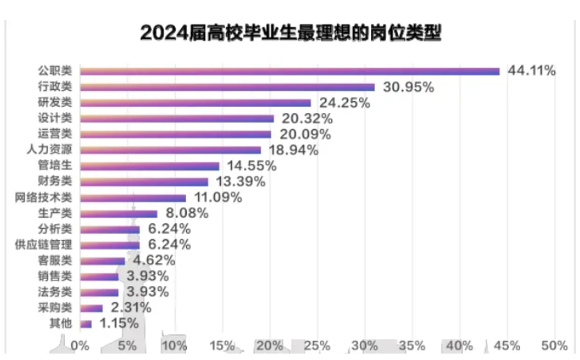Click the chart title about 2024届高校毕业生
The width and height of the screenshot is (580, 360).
point(291,33)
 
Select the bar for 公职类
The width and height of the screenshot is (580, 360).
point(290,71)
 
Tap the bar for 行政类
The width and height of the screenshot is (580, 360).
point(228,87)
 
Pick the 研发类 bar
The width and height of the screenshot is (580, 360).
point(196,103)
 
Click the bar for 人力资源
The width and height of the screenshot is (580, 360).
point(171,150)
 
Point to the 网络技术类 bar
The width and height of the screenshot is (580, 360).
point(133,197)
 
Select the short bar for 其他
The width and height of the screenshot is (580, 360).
point(86,324)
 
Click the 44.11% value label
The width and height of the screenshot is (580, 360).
point(531,70)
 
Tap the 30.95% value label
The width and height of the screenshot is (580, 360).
point(406,87)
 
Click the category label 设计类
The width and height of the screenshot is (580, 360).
point(56,119)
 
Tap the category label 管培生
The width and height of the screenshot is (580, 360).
point(56,166)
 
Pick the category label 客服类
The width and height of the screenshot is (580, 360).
point(56,261)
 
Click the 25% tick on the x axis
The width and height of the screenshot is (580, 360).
point(317,345)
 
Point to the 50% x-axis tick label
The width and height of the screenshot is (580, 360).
point(554,345)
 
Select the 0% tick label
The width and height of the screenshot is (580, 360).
point(80,345)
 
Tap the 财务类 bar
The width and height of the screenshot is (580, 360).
point(144,181)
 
